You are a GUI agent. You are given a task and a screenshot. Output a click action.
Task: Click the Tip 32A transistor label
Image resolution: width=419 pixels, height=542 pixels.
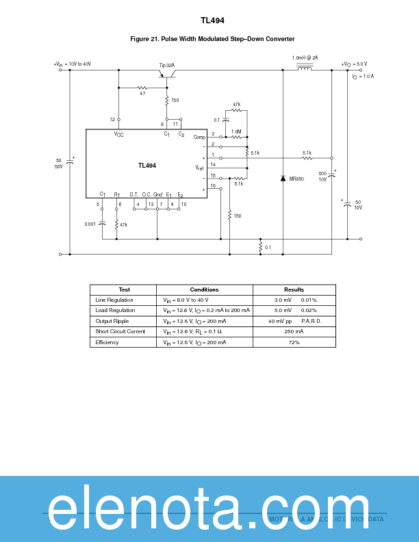[x=167, y=65]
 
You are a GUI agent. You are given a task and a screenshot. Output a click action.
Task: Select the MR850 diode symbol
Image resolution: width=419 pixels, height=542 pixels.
[x=283, y=179]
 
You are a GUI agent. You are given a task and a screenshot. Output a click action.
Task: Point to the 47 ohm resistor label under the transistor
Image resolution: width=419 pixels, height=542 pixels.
[x=142, y=93]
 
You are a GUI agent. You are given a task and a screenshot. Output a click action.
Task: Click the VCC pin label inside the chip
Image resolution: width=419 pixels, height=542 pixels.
[x=119, y=134]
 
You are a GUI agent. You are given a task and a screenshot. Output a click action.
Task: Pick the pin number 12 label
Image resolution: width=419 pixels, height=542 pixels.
[x=112, y=119]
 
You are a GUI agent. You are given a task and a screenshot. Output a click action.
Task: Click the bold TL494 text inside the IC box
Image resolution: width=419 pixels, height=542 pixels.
[x=147, y=166]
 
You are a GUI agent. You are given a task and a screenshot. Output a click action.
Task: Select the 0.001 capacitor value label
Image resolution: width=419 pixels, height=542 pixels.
[x=90, y=224]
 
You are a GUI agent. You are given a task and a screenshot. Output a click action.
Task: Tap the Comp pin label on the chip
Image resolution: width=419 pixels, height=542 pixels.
[x=199, y=137]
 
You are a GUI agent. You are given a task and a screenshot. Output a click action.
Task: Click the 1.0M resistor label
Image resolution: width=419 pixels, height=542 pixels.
[x=236, y=131]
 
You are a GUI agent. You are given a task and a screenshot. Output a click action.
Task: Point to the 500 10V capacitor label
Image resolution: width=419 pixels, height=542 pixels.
[x=322, y=176]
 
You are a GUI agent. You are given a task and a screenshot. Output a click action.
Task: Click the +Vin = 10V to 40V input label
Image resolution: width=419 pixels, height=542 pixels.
[x=73, y=64]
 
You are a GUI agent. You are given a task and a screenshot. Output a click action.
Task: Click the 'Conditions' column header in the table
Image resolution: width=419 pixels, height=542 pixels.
[x=204, y=289]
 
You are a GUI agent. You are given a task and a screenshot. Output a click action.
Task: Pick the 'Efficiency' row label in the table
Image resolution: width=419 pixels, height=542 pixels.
[x=107, y=342]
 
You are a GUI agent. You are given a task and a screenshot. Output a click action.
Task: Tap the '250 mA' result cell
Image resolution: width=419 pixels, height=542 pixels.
[x=294, y=331]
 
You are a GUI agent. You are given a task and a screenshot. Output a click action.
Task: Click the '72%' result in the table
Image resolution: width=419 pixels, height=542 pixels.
[x=294, y=342]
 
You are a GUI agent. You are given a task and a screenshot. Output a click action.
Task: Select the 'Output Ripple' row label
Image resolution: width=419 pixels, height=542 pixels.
[x=112, y=321]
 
